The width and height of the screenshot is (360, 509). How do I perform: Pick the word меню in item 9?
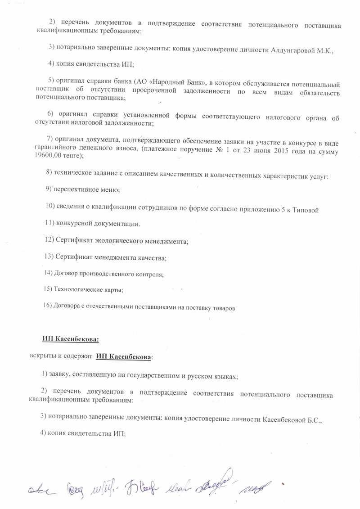110,190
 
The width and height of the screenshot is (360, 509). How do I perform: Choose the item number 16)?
48,306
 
